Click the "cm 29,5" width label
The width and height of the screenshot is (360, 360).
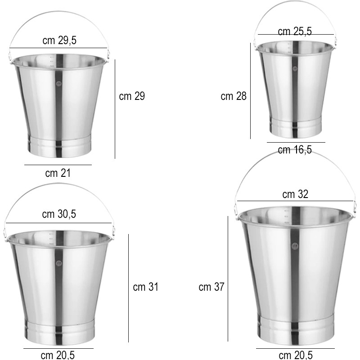coord(59,40)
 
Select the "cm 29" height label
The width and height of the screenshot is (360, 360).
coord(132,96)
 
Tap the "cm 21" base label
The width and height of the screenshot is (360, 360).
coord(58,173)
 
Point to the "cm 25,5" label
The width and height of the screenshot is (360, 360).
coord(295,31)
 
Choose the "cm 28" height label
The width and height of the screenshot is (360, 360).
coord(234,96)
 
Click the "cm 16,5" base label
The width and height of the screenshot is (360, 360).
coord(295,150)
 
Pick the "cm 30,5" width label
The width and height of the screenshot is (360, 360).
coord(59,214)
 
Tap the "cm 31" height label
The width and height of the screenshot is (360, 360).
coord(146,287)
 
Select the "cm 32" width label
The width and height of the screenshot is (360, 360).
coord(295,194)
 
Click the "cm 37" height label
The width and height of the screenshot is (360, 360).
coord(211,287)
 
